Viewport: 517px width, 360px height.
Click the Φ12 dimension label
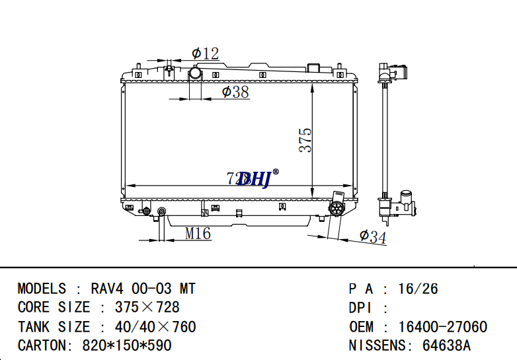(x=205, y=54)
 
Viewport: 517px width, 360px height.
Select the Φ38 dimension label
(x=235, y=92)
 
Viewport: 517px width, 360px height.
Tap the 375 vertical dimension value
(x=305, y=140)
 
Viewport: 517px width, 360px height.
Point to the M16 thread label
(x=197, y=233)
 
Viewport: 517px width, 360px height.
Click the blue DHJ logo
(x=255, y=178)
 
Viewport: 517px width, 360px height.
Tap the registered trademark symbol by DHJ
(x=276, y=172)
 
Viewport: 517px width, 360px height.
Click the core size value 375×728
(x=147, y=307)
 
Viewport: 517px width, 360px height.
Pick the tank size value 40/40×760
(x=155, y=326)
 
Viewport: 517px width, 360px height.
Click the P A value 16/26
(x=418, y=289)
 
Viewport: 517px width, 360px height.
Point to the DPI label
(x=360, y=308)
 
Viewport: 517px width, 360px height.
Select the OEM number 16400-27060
(x=442, y=327)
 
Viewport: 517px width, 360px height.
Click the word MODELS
(x=42, y=289)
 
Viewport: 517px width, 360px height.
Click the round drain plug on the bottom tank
(x=337, y=208)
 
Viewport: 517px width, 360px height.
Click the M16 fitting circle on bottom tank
(x=161, y=212)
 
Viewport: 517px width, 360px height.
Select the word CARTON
(x=40, y=345)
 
